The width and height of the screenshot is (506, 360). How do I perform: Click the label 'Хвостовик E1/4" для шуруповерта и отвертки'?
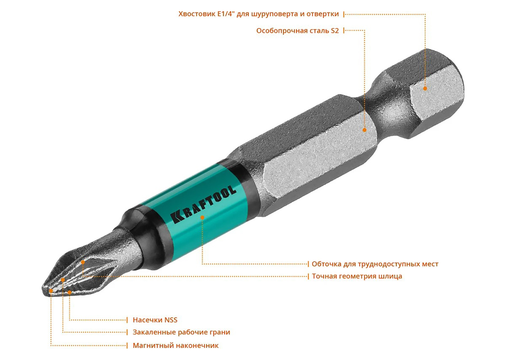[258, 14]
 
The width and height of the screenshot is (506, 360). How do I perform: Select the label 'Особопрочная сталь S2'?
[298, 31]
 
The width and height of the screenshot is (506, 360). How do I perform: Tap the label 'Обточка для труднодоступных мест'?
[375, 264]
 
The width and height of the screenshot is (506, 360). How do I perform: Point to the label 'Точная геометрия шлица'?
[357, 276]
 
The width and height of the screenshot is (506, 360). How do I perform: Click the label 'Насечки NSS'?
[155, 320]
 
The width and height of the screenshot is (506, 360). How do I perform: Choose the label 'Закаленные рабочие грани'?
[181, 332]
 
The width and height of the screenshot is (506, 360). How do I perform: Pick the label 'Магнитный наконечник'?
[176, 346]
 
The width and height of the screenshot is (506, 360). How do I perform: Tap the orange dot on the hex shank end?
[425, 89]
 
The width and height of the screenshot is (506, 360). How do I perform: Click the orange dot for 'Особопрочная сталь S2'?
[364, 130]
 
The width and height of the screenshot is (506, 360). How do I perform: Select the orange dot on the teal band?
[202, 217]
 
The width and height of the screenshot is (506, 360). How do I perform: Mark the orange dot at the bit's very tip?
[51, 291]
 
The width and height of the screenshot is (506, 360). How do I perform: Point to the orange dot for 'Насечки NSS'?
[70, 292]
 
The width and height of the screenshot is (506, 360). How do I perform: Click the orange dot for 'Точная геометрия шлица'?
[83, 262]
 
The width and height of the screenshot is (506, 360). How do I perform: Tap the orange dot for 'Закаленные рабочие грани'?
[63, 280]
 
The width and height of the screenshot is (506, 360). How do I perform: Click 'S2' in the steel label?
[335, 31]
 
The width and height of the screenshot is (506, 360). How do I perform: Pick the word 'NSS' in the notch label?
[171, 320]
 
